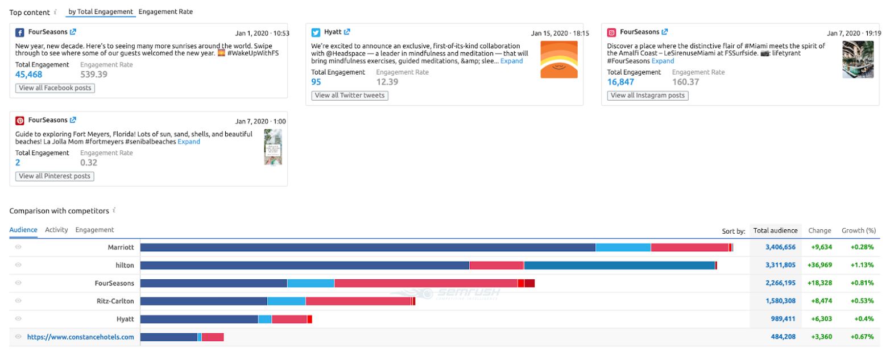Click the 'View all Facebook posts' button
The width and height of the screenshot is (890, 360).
pyautogui.click(x=55, y=88)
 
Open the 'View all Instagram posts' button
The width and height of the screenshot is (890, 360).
pyautogui.click(x=648, y=96)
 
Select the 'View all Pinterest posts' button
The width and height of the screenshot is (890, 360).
pyautogui.click(x=55, y=176)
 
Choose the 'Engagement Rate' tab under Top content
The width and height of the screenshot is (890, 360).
pyautogui.click(x=165, y=11)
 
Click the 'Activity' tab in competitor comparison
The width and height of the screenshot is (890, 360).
pyautogui.click(x=56, y=230)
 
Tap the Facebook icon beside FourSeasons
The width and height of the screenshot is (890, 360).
pyautogui.click(x=20, y=32)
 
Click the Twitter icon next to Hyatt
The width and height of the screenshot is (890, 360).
pyautogui.click(x=316, y=32)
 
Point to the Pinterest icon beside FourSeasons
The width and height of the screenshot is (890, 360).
pyautogui.click(x=20, y=121)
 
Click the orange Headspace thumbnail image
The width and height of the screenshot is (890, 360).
pyautogui.click(x=558, y=59)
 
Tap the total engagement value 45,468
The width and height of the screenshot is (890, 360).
pyautogui.click(x=28, y=75)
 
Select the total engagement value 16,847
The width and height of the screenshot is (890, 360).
pyautogui.click(x=621, y=82)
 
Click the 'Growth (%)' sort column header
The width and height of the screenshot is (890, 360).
pyautogui.click(x=858, y=230)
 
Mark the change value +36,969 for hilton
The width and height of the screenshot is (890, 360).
pyautogui.click(x=819, y=265)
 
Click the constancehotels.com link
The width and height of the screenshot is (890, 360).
pyautogui.click(x=81, y=337)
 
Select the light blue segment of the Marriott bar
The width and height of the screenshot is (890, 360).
pyautogui.click(x=623, y=247)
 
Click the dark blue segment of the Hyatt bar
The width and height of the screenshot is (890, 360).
pyautogui.click(x=199, y=319)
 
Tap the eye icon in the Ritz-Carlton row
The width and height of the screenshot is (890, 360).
pyautogui.click(x=18, y=301)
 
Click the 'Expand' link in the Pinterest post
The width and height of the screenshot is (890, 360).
pyautogui.click(x=189, y=142)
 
